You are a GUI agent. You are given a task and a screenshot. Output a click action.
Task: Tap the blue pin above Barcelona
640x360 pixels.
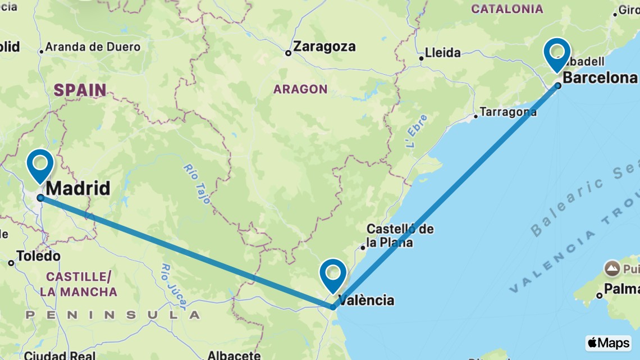click(557, 52)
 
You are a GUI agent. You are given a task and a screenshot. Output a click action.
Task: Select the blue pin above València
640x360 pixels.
click(332, 274)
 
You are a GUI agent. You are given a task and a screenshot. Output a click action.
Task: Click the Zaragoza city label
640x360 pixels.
click(324, 47)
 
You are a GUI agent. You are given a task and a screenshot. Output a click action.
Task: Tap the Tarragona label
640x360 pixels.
click(509, 112)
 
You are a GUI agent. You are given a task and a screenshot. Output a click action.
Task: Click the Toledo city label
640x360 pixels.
click(38, 256)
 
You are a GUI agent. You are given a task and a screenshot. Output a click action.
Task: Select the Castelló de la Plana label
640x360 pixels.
click(399, 236)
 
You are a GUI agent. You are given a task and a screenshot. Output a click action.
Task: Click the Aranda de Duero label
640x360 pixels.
click(93, 47)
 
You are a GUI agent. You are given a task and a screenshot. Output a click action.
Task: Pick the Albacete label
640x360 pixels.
click(234, 355)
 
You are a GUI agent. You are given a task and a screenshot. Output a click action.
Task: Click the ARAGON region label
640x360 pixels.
click(300, 89)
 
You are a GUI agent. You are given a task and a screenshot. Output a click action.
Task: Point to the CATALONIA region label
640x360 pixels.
click(507, 9)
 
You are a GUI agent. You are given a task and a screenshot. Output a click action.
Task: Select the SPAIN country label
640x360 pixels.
click(80, 90)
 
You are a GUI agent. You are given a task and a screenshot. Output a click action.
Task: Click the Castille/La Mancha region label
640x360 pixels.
click(78, 284)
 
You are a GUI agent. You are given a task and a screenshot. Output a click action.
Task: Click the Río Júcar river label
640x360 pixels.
click(173, 286)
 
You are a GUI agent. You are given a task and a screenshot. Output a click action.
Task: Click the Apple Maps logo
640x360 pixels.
click(608, 343)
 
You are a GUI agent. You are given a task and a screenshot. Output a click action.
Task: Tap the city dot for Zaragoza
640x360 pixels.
click(288, 53)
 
